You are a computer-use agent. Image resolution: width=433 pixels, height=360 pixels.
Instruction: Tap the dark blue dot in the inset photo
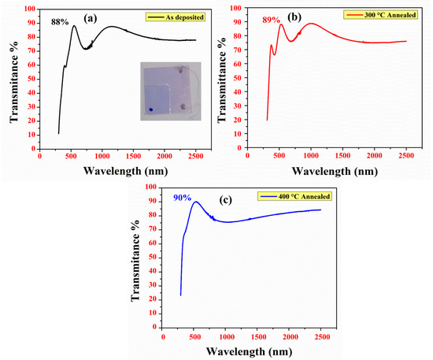pyautogui.click(x=150, y=109)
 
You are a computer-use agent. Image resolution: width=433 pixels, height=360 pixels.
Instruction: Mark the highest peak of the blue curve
pyautogui.click(x=196, y=202)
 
